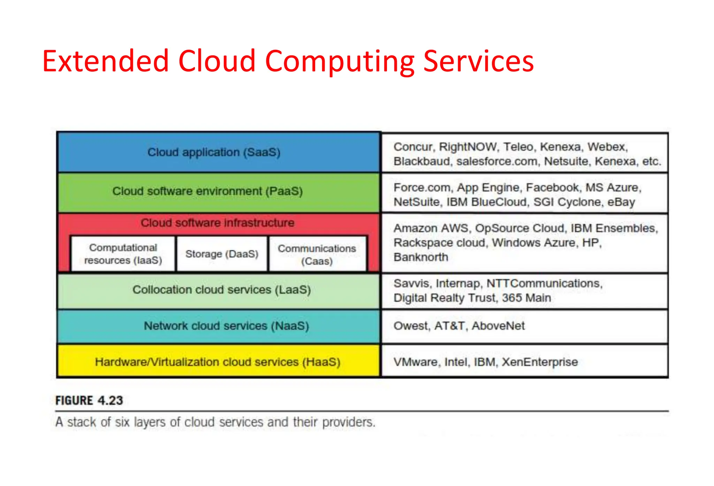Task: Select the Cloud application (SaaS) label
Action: pyautogui.click(x=214, y=152)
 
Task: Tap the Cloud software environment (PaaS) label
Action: pyautogui.click(x=207, y=191)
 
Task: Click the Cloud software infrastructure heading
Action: pyautogui.click(x=217, y=223)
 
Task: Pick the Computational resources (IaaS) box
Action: pyautogui.click(x=123, y=254)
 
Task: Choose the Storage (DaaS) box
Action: pyautogui.click(x=222, y=254)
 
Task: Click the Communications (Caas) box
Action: pyautogui.click(x=317, y=255)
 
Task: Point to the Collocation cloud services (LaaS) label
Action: pyautogui.click(x=221, y=290)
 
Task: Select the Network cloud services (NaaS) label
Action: pyautogui.click(x=226, y=326)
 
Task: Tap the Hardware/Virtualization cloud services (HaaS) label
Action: pyautogui.click(x=217, y=362)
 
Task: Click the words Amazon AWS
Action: pyautogui.click(x=432, y=228)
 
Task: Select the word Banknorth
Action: pyautogui.click(x=420, y=257)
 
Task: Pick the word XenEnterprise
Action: pyautogui.click(x=539, y=362)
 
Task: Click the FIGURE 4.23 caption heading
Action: pyautogui.click(x=89, y=400)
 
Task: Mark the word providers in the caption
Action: pyautogui.click(x=348, y=422)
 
